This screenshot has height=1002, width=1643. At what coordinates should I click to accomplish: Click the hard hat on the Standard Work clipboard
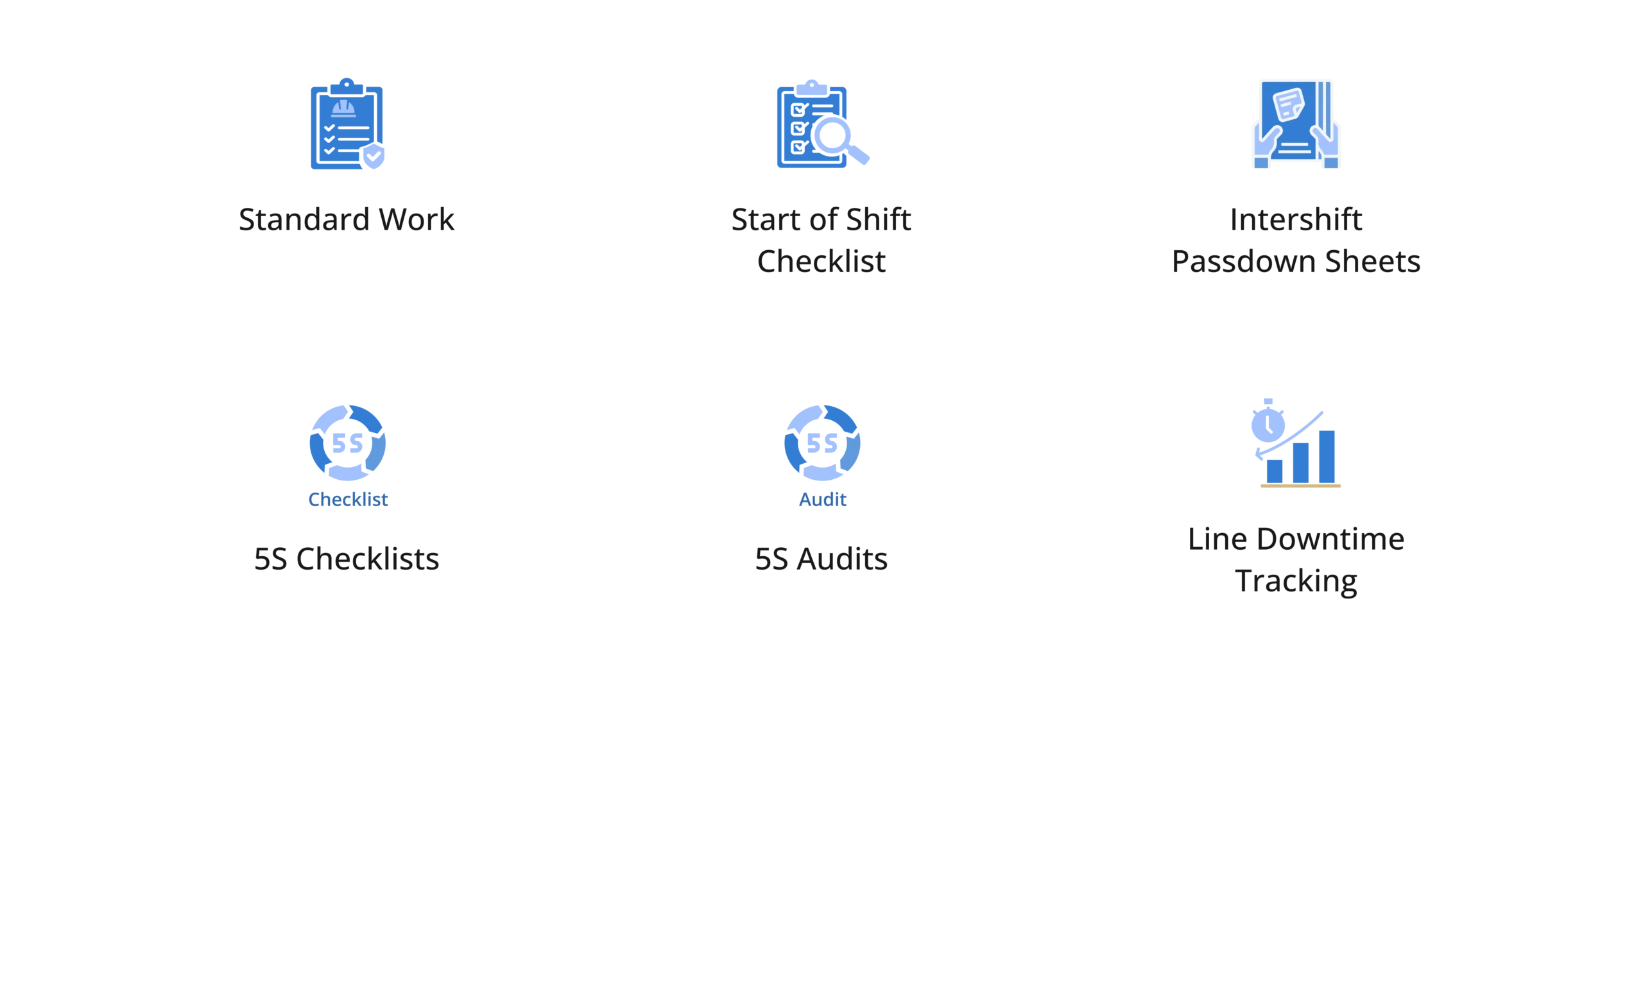(343, 108)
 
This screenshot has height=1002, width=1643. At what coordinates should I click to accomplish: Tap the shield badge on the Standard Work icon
(372, 157)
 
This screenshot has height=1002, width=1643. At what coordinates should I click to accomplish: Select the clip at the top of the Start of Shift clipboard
(811, 87)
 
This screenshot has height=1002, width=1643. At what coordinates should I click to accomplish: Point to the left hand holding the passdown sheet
(1265, 147)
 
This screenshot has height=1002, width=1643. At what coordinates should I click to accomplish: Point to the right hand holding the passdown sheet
(1327, 147)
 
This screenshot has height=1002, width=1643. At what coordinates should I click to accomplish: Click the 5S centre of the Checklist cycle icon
(347, 443)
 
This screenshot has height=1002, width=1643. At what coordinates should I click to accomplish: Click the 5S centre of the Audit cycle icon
(821, 443)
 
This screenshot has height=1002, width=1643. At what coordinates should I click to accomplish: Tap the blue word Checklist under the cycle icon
(348, 499)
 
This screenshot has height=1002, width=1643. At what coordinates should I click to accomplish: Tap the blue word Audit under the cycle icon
(821, 499)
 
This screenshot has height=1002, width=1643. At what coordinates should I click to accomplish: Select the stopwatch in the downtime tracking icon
(1267, 421)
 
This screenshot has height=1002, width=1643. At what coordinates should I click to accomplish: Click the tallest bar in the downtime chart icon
(1327, 456)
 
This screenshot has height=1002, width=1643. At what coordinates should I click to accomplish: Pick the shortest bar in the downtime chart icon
(1273, 470)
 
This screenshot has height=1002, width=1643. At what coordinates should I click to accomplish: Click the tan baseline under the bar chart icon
(1301, 488)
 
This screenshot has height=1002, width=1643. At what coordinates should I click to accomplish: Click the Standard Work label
(346, 219)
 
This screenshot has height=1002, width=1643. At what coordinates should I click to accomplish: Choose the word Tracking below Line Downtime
(1296, 581)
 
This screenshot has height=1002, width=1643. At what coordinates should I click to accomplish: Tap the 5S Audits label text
(821, 559)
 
